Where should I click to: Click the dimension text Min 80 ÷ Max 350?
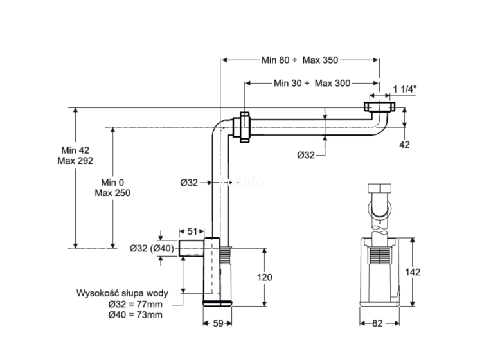(x=300, y=60)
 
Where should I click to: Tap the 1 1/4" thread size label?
(x=406, y=89)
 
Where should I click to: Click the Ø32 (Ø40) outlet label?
(x=152, y=248)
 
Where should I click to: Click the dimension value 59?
(x=218, y=324)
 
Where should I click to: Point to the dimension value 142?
(x=413, y=271)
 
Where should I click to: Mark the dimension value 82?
(x=377, y=324)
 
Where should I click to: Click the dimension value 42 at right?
(x=404, y=145)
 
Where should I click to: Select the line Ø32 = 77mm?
(x=135, y=304)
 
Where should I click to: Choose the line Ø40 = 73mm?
(x=135, y=315)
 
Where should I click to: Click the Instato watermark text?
(x=242, y=181)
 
